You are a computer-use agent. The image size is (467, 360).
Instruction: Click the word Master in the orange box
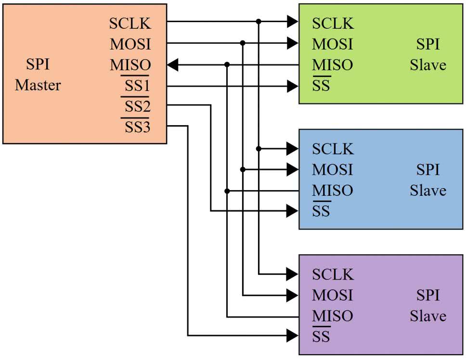click(x=38, y=86)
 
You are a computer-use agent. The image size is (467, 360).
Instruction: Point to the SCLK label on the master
click(x=130, y=24)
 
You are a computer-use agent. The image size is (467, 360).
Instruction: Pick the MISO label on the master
click(x=130, y=65)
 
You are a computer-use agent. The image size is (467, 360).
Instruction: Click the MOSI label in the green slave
click(x=332, y=44)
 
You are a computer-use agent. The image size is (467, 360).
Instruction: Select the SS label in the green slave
click(x=321, y=87)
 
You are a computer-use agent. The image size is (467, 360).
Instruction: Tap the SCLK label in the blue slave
click(x=333, y=149)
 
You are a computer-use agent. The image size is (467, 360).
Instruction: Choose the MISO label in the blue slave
click(x=332, y=191)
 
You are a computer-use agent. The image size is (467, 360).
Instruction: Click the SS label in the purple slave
click(x=321, y=336)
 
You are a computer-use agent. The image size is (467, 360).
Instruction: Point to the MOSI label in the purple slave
click(x=332, y=295)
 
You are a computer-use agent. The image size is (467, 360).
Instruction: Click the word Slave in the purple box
click(x=428, y=316)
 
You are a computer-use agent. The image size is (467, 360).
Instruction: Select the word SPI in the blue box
click(x=428, y=170)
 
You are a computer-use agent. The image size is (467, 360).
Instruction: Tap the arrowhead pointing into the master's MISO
click(x=173, y=64)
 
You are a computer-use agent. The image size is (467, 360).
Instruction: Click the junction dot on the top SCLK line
click(x=259, y=22)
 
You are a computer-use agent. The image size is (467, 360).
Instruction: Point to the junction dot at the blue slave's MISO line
click(x=227, y=191)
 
